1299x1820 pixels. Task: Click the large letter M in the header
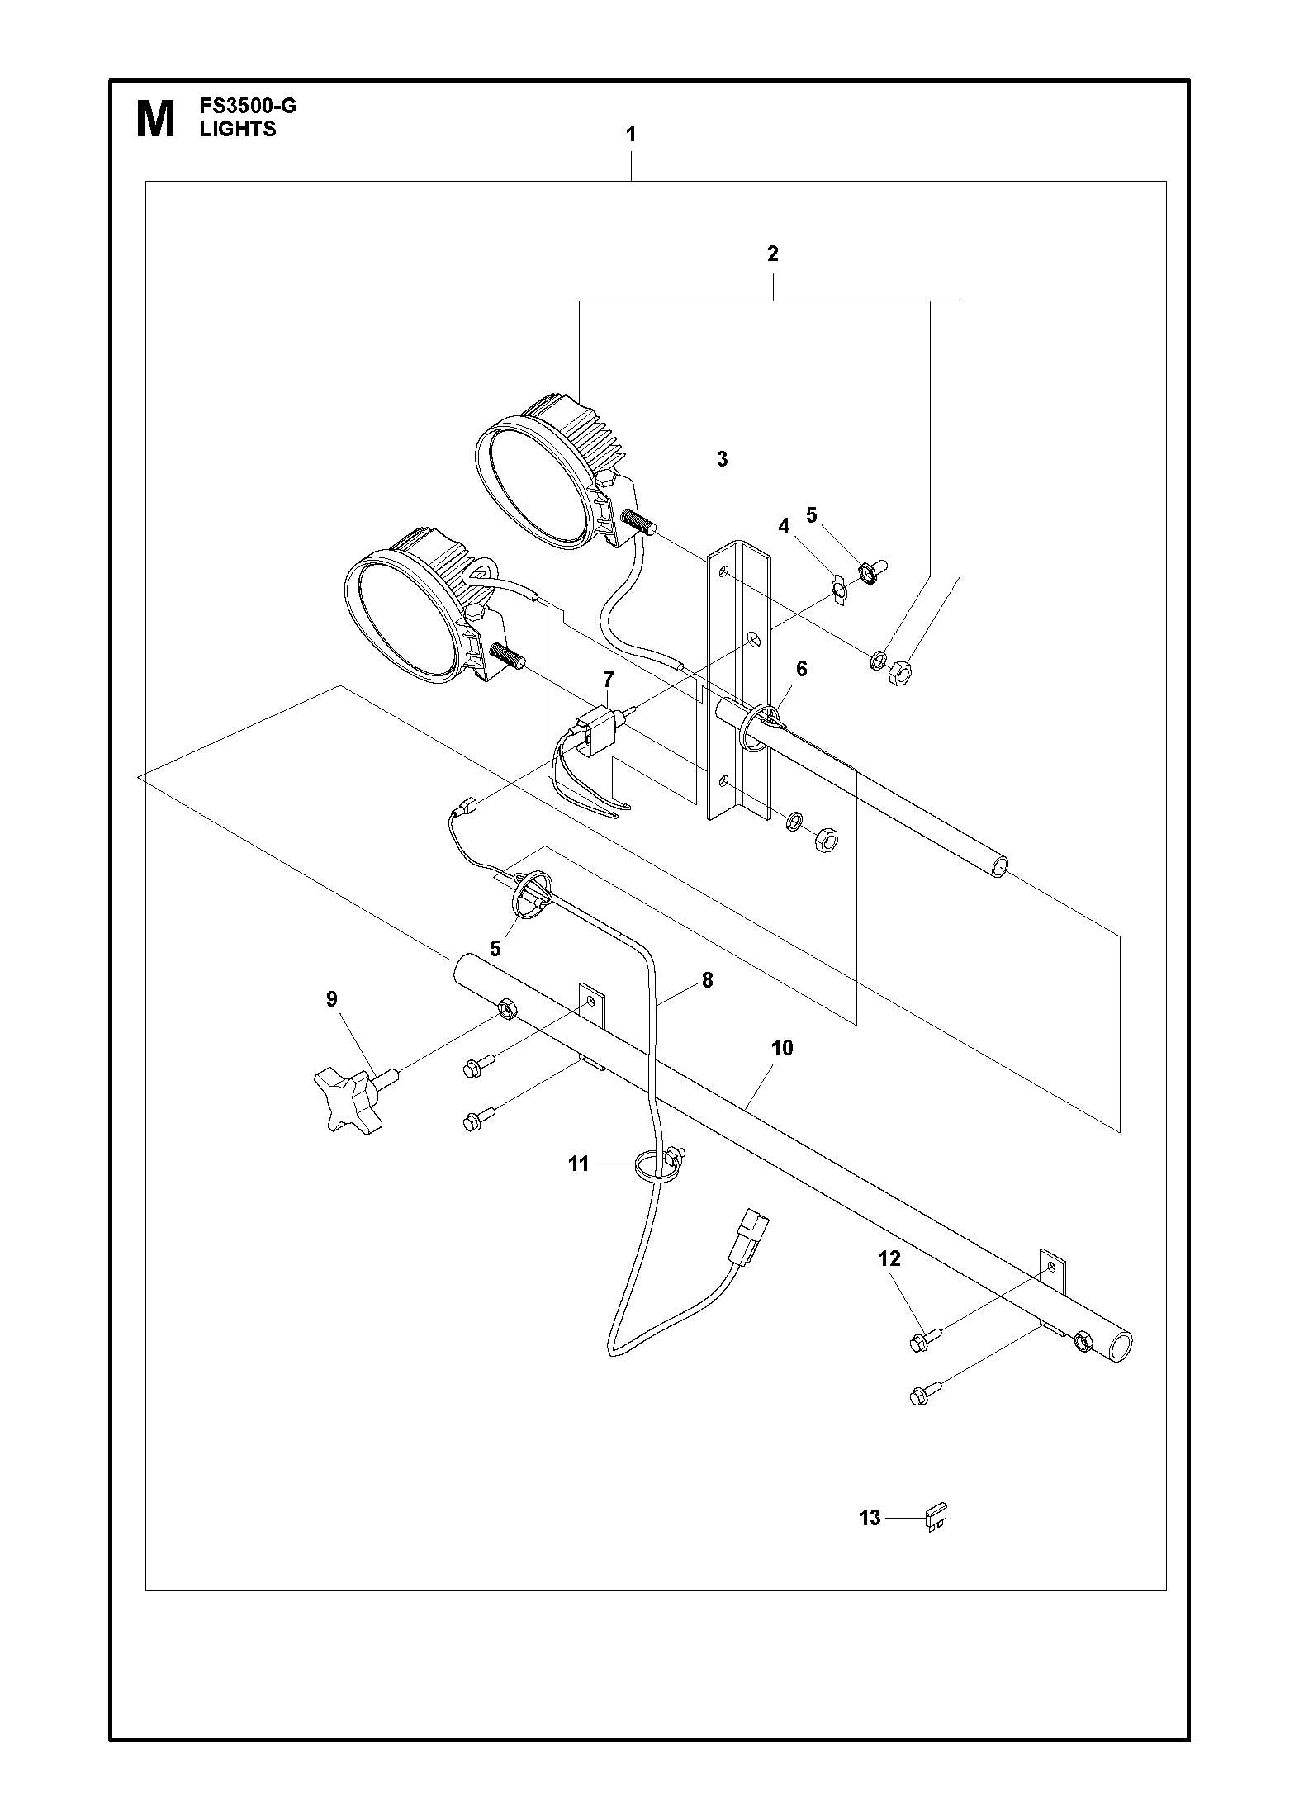coord(154,119)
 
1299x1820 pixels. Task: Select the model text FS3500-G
coord(247,107)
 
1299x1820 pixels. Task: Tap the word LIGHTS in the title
coord(238,129)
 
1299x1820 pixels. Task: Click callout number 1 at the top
coord(632,135)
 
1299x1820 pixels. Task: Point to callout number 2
coord(772,254)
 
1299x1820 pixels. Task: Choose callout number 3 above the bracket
coord(723,460)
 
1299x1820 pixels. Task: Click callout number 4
coord(784,527)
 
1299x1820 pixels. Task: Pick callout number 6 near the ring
coord(801,669)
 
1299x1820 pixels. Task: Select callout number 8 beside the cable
coord(707,980)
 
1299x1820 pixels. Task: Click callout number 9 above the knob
coord(332,1000)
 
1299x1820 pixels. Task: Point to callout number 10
coord(781,1048)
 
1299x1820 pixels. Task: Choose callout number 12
coord(889,1259)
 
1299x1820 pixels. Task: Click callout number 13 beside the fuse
coord(870,1518)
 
